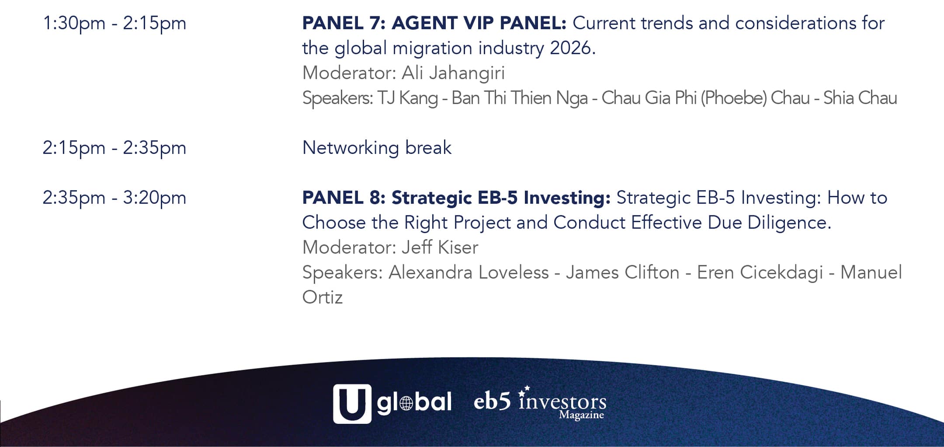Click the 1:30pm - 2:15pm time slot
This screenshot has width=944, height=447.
coord(115,24)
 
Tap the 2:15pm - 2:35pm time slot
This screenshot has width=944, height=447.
coord(115,148)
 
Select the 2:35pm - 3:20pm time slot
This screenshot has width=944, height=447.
coord(115,198)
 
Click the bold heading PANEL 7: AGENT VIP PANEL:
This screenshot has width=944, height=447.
coord(434,23)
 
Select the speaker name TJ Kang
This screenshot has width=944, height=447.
coord(408,98)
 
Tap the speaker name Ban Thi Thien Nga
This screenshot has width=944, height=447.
coord(520,98)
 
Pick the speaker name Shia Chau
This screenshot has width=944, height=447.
coord(860,98)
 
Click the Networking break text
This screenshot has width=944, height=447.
coord(377,148)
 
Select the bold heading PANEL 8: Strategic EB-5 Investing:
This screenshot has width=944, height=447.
coord(456,198)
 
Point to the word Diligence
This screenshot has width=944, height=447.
coord(789,223)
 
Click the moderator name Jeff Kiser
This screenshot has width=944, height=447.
coord(440,248)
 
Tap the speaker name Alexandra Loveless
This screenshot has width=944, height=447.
coord(469,272)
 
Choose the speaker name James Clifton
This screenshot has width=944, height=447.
coord(623,272)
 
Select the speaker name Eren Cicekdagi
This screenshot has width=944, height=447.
coord(760,273)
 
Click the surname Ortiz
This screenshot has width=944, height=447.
coord(323,297)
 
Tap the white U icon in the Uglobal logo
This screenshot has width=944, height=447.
coord(352,404)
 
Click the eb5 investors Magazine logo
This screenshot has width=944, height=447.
coord(540,403)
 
